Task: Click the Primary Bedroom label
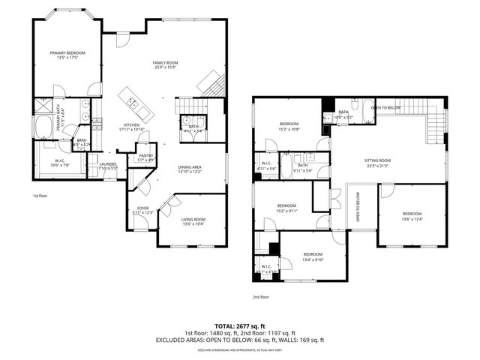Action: (x=67, y=53)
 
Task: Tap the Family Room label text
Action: (x=165, y=63)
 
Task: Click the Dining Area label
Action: (x=189, y=167)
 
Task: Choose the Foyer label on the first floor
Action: (x=142, y=208)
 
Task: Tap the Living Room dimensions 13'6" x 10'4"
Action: (x=193, y=223)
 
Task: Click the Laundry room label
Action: (x=107, y=164)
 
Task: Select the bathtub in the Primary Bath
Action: (x=43, y=126)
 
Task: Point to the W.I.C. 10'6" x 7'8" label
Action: (x=60, y=160)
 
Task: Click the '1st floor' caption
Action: (x=40, y=196)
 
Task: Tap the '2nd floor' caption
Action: (x=260, y=296)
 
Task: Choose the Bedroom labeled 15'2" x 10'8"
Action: (x=289, y=124)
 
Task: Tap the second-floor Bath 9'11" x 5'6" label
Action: (x=303, y=167)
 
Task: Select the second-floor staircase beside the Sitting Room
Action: (x=433, y=127)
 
